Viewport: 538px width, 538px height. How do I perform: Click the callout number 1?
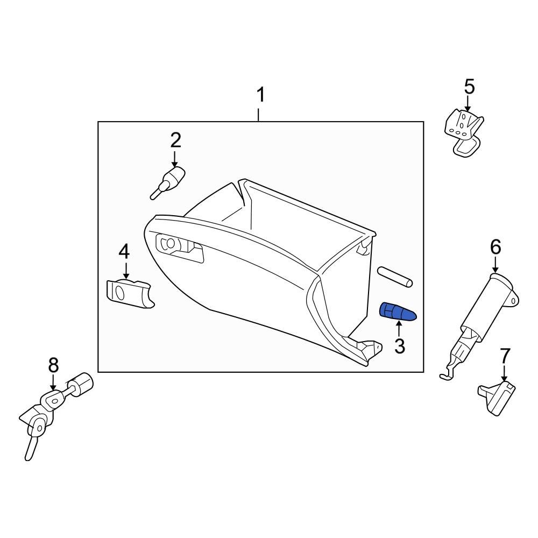tap(260, 96)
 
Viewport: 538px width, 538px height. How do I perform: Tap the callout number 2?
tap(175, 140)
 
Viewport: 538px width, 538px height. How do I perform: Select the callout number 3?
tap(399, 346)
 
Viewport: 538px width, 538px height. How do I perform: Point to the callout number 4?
tap(124, 251)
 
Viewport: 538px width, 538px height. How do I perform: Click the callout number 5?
tap(469, 87)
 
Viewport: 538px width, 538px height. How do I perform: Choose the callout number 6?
tap(495, 247)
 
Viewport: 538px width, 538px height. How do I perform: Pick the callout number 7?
tap(504, 356)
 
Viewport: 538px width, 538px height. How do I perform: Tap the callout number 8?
tap(53, 365)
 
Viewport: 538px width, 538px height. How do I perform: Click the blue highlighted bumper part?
tap(398, 312)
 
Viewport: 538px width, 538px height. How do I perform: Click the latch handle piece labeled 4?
tap(129, 294)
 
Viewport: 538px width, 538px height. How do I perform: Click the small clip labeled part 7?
tap(496, 397)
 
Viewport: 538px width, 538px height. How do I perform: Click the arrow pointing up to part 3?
tap(399, 327)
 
